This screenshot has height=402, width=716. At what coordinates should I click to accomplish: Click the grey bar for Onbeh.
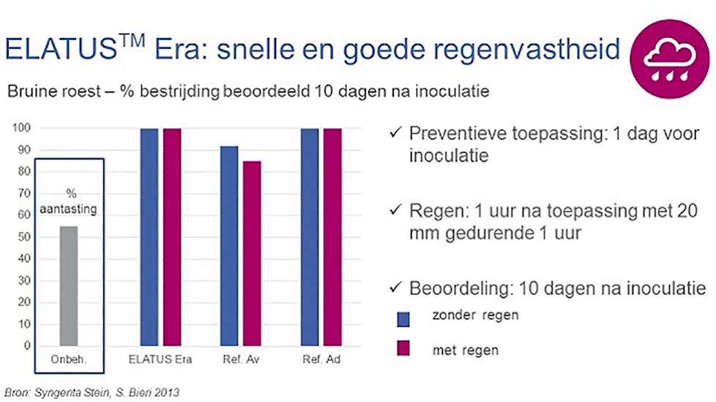tap(69, 286)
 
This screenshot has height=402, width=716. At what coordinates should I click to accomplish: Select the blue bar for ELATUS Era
tap(149, 237)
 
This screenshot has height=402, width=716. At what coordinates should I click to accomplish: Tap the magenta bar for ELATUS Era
tap(172, 237)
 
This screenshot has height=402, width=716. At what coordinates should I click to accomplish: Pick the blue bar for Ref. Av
tap(229, 246)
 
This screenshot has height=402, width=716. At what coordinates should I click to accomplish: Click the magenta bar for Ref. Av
tap(252, 253)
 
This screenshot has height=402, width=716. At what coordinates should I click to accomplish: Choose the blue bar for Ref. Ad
tap(310, 237)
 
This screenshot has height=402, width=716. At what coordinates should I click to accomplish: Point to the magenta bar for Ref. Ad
tap(332, 237)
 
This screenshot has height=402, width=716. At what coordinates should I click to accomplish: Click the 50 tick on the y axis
tap(24, 237)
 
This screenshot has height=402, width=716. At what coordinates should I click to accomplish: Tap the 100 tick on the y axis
tap(21, 128)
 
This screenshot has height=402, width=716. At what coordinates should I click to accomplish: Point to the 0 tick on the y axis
tap(27, 346)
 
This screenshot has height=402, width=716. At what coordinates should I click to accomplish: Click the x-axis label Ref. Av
tap(241, 360)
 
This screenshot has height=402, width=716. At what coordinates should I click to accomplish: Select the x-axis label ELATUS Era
tap(160, 360)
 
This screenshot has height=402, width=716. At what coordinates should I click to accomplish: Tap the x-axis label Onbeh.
tap(69, 360)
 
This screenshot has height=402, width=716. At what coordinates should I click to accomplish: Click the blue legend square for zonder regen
tap(403, 319)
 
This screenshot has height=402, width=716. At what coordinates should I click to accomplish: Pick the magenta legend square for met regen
tap(403, 348)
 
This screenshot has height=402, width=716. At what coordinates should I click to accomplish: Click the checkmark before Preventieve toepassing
tap(396, 132)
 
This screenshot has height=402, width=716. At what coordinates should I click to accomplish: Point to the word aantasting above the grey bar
tap(68, 209)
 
